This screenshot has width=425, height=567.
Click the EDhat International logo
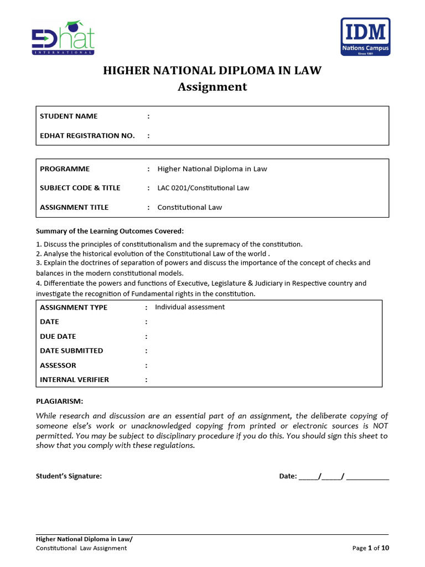(63, 38)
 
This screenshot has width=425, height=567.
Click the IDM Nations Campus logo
(365, 37)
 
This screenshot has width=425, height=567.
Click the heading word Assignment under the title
(212, 87)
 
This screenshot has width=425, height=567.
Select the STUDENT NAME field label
(69, 116)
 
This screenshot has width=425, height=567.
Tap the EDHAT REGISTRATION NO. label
(87, 136)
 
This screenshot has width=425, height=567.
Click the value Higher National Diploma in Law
(212, 169)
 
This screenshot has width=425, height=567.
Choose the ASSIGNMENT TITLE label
(74, 208)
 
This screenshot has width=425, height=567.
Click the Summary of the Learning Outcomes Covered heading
(110, 231)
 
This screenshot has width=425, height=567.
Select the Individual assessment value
(190, 307)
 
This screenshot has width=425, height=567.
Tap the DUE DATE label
(58, 336)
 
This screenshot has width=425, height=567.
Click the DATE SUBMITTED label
(71, 350)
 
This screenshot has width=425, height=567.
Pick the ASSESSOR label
(58, 365)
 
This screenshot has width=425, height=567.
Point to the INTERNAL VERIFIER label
(74, 380)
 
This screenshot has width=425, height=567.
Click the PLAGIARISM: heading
(59, 401)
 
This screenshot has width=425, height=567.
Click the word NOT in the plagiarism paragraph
(380, 426)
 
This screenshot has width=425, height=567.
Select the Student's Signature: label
(69, 476)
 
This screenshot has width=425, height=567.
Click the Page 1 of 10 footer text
(371, 548)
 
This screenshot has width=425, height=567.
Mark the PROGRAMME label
(65, 169)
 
